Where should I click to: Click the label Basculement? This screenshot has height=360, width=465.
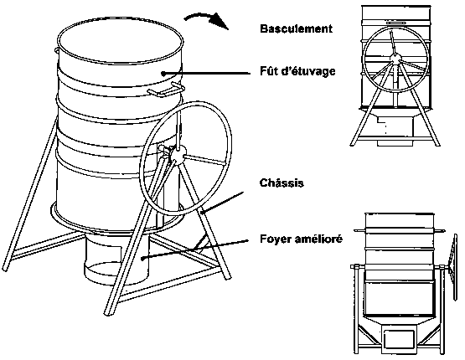[x=296, y=28]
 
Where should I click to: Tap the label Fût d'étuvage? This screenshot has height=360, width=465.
[x=297, y=71]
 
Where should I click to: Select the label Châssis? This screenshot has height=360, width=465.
[x=282, y=183]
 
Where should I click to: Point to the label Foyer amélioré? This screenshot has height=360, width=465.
[x=301, y=239]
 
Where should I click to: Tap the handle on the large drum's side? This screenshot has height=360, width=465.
[x=167, y=90]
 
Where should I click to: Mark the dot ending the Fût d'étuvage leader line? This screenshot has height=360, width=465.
[x=163, y=73]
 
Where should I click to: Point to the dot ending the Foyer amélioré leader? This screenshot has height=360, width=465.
[x=143, y=259]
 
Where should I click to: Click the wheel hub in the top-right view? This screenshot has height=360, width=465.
[x=395, y=58]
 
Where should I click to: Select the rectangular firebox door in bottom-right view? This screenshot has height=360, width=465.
[x=399, y=340]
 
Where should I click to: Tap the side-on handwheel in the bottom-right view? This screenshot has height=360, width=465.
[x=452, y=266]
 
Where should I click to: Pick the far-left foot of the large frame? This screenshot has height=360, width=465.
[x=6, y=268]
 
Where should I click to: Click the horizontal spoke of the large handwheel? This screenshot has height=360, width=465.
[x=204, y=159]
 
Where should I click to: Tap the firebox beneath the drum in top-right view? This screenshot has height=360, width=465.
[x=395, y=131]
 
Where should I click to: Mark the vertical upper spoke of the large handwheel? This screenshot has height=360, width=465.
[x=178, y=130]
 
